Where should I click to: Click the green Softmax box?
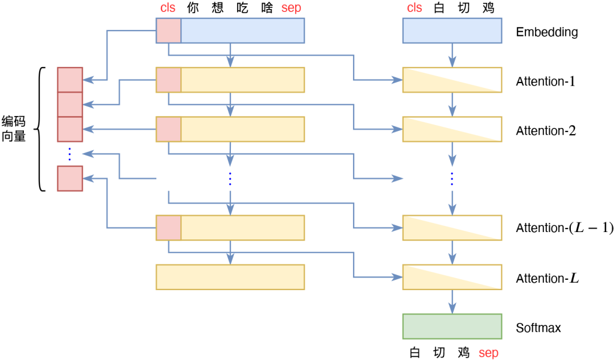pos(452,326)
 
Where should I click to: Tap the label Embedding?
pos(546,32)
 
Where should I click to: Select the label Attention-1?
pos(546,81)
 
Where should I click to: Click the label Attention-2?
pos(546,131)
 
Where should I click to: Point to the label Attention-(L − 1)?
pos(565,229)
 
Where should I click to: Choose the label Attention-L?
pos(547,279)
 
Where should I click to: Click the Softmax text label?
pos(538,328)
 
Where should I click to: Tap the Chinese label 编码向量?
pos(14,129)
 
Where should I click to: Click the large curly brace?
pos(40,129)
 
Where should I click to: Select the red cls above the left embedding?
pos(168,8)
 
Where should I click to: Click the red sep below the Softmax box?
pos(488,353)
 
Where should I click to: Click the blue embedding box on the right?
pos(452,31)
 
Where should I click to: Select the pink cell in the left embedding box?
pos(168,31)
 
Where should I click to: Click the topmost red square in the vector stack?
pos(70,80)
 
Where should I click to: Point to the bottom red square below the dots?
pos(70,179)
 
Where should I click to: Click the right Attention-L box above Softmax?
pos(452,277)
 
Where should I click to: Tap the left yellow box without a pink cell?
pos(230,277)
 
